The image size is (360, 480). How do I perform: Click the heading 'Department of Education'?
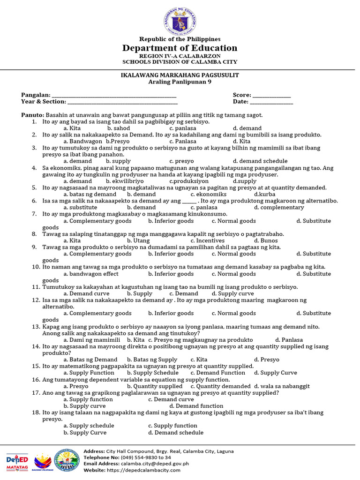point(180,48)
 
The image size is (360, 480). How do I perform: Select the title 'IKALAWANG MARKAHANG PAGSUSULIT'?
point(180,75)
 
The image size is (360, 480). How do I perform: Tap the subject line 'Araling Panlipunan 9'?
point(180,82)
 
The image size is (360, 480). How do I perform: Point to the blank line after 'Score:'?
point(272,96)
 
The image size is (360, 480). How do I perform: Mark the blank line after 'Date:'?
point(271,102)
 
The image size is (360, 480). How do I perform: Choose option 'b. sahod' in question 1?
point(119,128)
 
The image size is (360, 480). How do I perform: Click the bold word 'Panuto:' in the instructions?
point(32,115)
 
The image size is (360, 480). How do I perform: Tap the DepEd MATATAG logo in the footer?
point(17,461)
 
